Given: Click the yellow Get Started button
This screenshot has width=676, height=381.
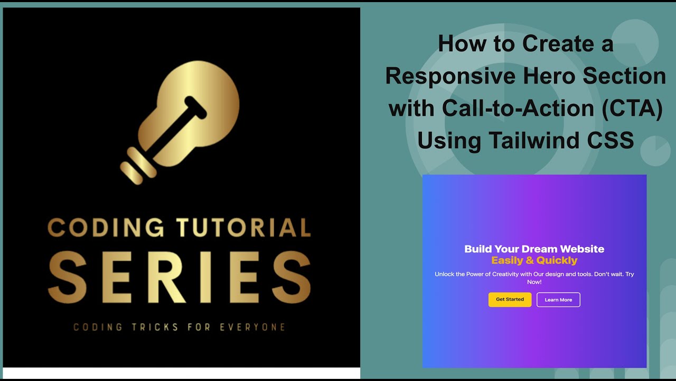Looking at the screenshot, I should (510, 300).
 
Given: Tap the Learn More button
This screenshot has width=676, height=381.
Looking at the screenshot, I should (558, 300).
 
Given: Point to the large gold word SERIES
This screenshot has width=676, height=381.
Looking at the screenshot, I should (180, 278).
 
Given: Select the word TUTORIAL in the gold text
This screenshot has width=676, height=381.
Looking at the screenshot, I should (243, 228).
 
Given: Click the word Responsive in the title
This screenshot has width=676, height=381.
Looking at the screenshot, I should (450, 77).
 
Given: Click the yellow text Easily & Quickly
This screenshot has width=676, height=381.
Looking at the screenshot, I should (534, 260).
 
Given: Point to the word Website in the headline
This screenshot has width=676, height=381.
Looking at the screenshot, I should (582, 249).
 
